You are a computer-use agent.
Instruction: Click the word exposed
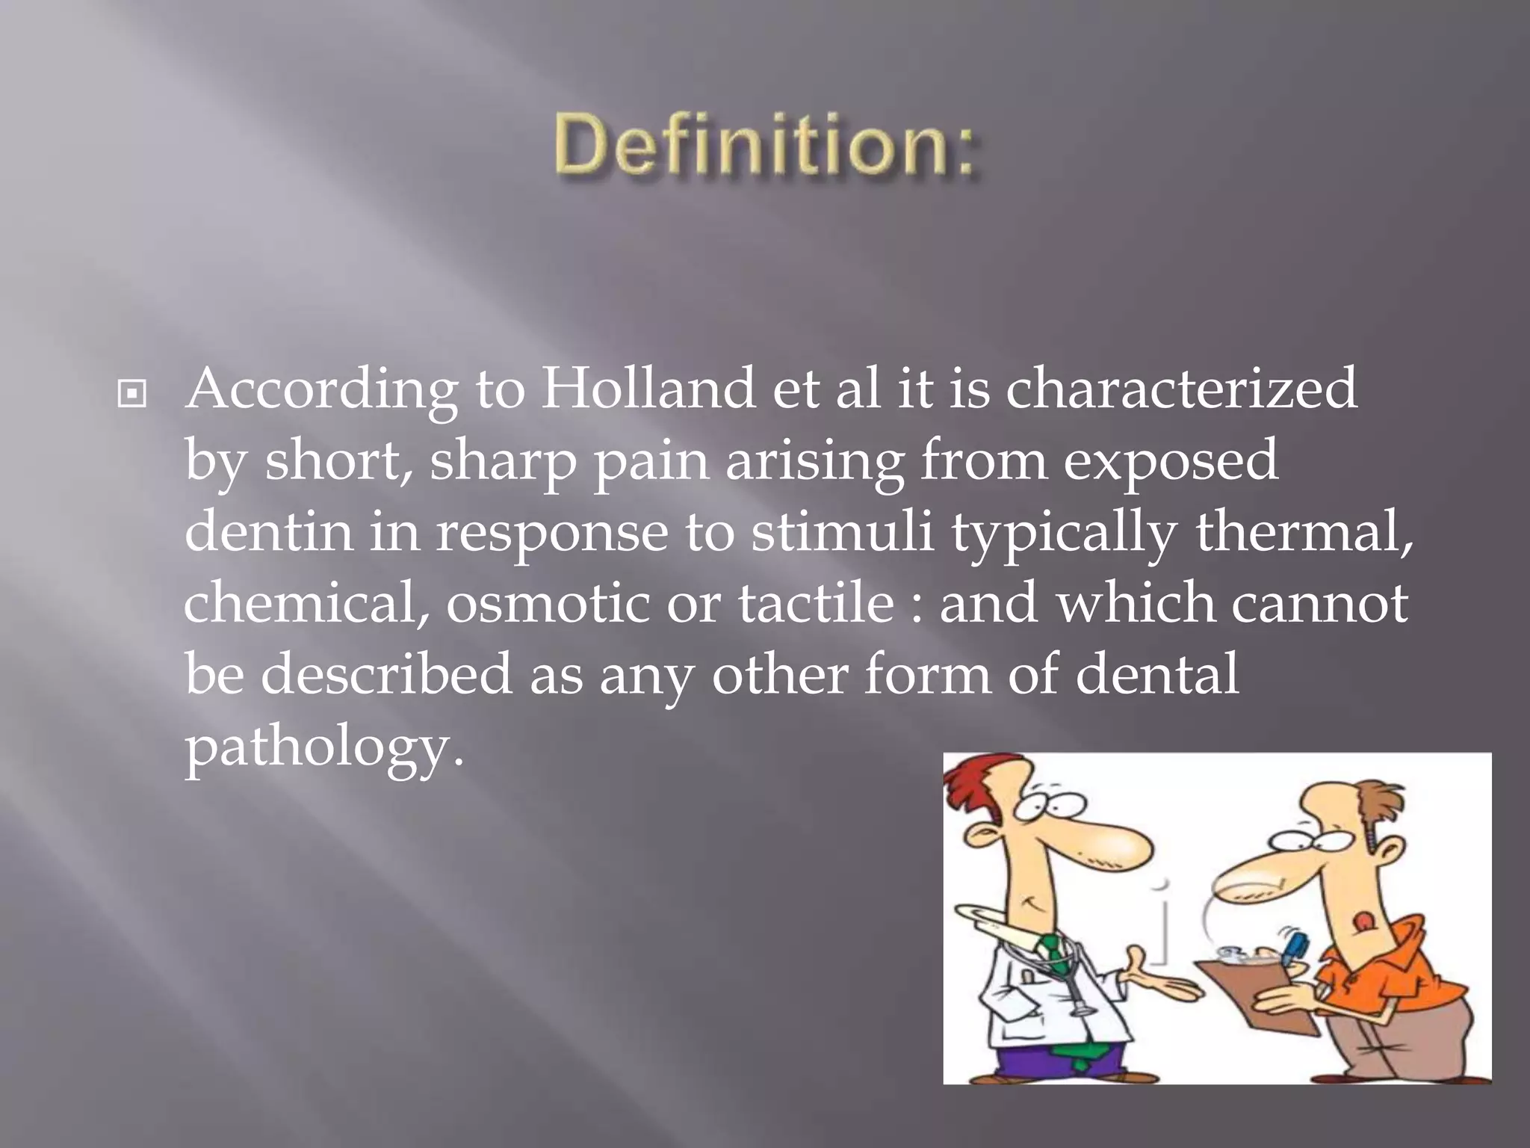pos(1170,462)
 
